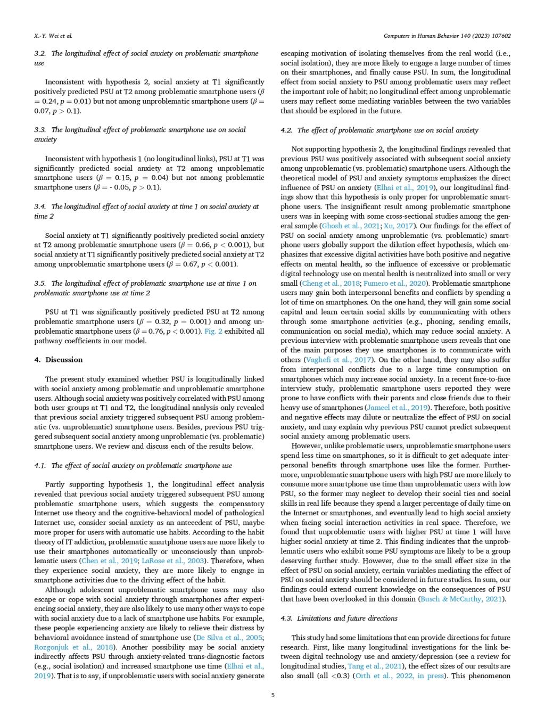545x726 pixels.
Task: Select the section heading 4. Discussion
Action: [x=59, y=360]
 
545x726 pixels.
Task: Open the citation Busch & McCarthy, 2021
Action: [x=463, y=599]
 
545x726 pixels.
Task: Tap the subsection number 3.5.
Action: [x=40, y=283]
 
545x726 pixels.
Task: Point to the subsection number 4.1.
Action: [x=40, y=465]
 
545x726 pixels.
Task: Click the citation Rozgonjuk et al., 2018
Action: [x=69, y=647]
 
